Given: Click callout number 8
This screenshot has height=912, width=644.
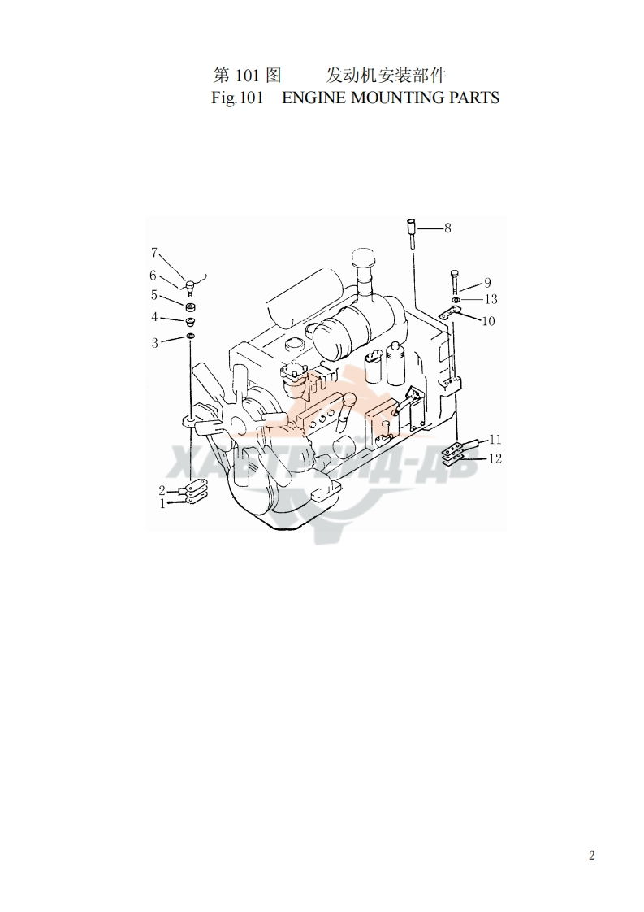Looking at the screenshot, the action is [447, 228].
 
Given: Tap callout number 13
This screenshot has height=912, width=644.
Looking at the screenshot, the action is [491, 299].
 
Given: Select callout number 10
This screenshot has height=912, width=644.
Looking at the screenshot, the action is [488, 321].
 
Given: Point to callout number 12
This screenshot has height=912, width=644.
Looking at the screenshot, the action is [495, 458].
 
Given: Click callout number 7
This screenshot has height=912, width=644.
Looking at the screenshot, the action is [154, 253].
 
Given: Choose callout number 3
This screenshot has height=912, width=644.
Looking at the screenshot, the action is [154, 342].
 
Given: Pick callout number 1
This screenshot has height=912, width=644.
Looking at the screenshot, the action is [162, 504].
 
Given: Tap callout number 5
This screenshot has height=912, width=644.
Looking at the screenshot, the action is [154, 296].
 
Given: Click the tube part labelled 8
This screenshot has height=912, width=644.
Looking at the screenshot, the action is [412, 234].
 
